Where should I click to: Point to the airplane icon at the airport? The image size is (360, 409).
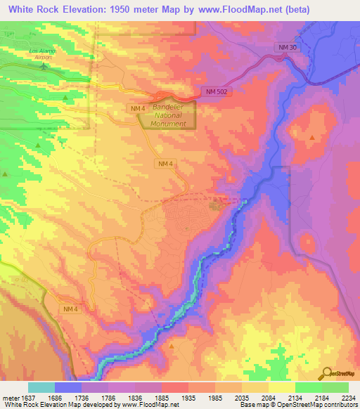point(44,67)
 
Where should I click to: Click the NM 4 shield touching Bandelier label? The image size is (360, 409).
point(138,109)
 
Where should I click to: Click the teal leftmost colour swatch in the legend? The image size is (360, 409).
point(41,387)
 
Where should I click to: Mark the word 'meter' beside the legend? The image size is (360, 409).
point(8,398)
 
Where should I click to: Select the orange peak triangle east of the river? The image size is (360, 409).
point(312,137)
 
